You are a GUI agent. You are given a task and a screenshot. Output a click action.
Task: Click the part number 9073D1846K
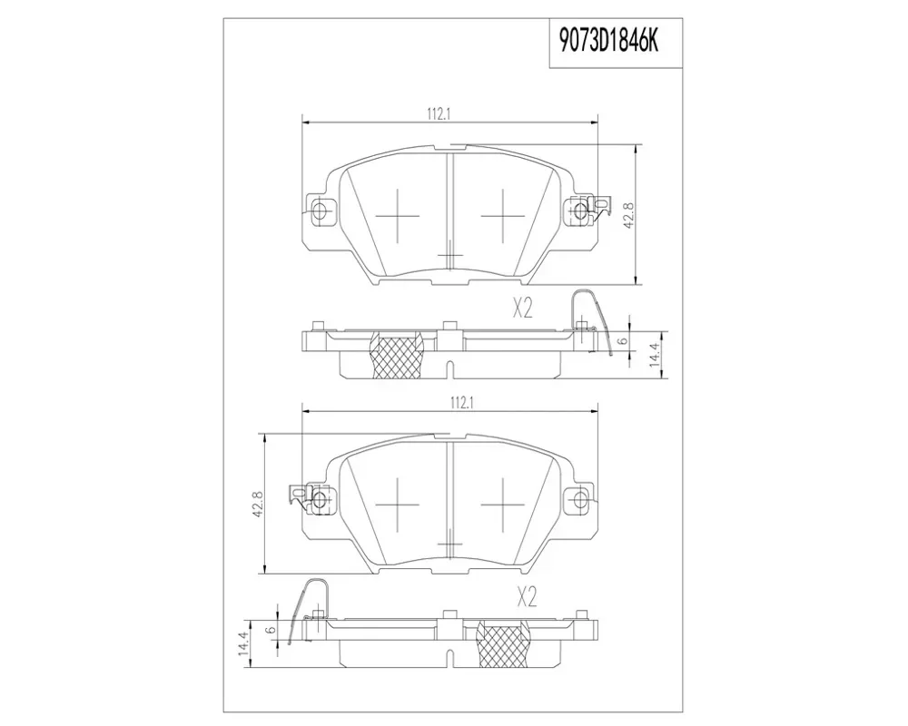coord(608,43)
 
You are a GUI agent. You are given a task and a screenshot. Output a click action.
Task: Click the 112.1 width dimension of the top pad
coord(439,114)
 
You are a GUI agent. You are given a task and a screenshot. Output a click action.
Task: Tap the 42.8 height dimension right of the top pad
coord(629,215)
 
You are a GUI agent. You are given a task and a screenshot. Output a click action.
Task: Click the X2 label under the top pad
coord(522,309)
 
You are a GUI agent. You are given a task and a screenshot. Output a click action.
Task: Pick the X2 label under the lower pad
coord(527,597)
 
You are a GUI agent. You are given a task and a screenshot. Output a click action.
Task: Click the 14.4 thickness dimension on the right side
coord(655,356)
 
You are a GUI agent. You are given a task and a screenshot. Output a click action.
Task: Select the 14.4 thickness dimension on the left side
coord(245,643)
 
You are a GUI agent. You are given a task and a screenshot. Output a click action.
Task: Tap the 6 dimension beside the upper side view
coord(623,341)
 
